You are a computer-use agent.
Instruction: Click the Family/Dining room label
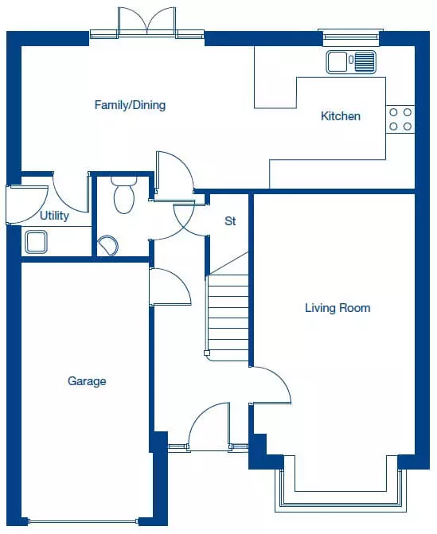(130, 105)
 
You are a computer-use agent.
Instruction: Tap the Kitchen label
(341, 116)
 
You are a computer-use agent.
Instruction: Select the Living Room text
(338, 308)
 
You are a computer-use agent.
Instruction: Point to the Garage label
(87, 380)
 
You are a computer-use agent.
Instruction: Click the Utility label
(54, 216)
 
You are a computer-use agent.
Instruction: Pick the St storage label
(230, 221)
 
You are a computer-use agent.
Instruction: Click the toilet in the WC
(124, 195)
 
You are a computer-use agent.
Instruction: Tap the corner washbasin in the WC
(108, 245)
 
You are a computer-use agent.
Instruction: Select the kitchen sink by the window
(351, 62)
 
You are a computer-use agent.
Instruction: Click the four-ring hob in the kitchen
(400, 119)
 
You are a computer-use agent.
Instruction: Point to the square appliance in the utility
(36, 242)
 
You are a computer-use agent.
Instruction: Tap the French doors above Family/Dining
(147, 21)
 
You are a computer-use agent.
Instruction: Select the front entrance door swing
(209, 427)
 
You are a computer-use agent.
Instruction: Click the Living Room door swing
(271, 385)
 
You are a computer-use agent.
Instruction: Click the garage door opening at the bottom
(84, 521)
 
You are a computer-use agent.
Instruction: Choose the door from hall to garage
(170, 286)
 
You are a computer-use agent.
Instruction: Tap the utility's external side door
(27, 205)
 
